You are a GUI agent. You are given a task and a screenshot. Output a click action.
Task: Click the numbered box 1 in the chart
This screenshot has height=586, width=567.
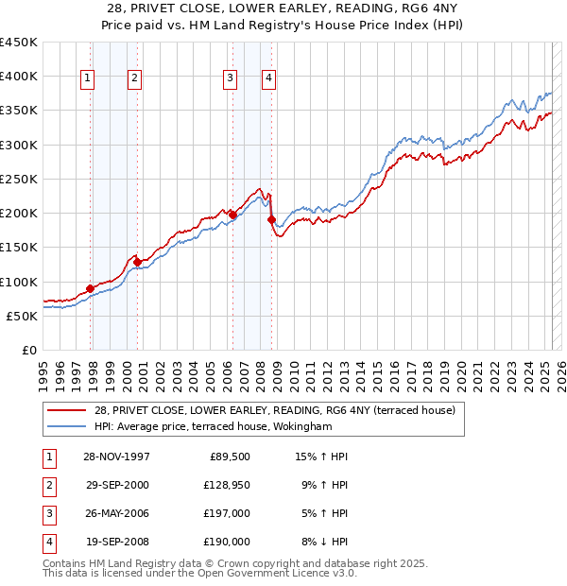click(x=87, y=79)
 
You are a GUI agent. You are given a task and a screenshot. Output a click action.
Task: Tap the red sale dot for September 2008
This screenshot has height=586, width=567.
click(x=271, y=220)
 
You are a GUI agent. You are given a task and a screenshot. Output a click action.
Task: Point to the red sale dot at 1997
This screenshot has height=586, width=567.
click(x=91, y=288)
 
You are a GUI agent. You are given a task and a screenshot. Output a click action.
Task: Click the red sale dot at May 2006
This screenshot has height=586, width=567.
click(x=232, y=215)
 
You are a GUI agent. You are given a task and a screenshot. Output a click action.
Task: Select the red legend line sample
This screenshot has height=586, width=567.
click(x=67, y=410)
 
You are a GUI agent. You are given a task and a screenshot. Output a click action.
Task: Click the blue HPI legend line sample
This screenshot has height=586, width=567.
click(x=67, y=426)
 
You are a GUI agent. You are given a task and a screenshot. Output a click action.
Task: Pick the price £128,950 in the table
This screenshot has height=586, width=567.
click(x=227, y=485)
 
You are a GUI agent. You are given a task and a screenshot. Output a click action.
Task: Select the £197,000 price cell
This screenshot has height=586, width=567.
click(x=228, y=513)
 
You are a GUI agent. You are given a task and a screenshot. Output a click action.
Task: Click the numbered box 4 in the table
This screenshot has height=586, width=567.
click(x=48, y=542)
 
